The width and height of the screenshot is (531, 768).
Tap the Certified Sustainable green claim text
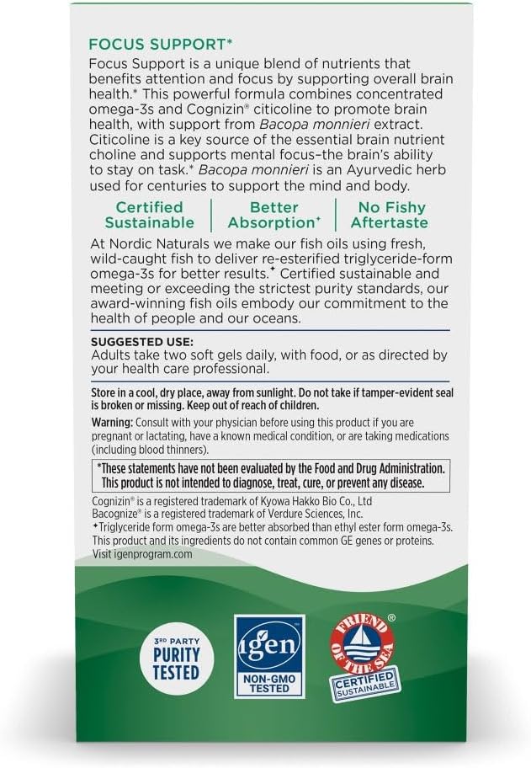(x=149, y=215)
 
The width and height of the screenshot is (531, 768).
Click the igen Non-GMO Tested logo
(x=268, y=655)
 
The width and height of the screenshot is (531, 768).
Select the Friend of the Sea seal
(x=363, y=655)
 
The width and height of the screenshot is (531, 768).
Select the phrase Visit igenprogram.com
(x=142, y=554)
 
